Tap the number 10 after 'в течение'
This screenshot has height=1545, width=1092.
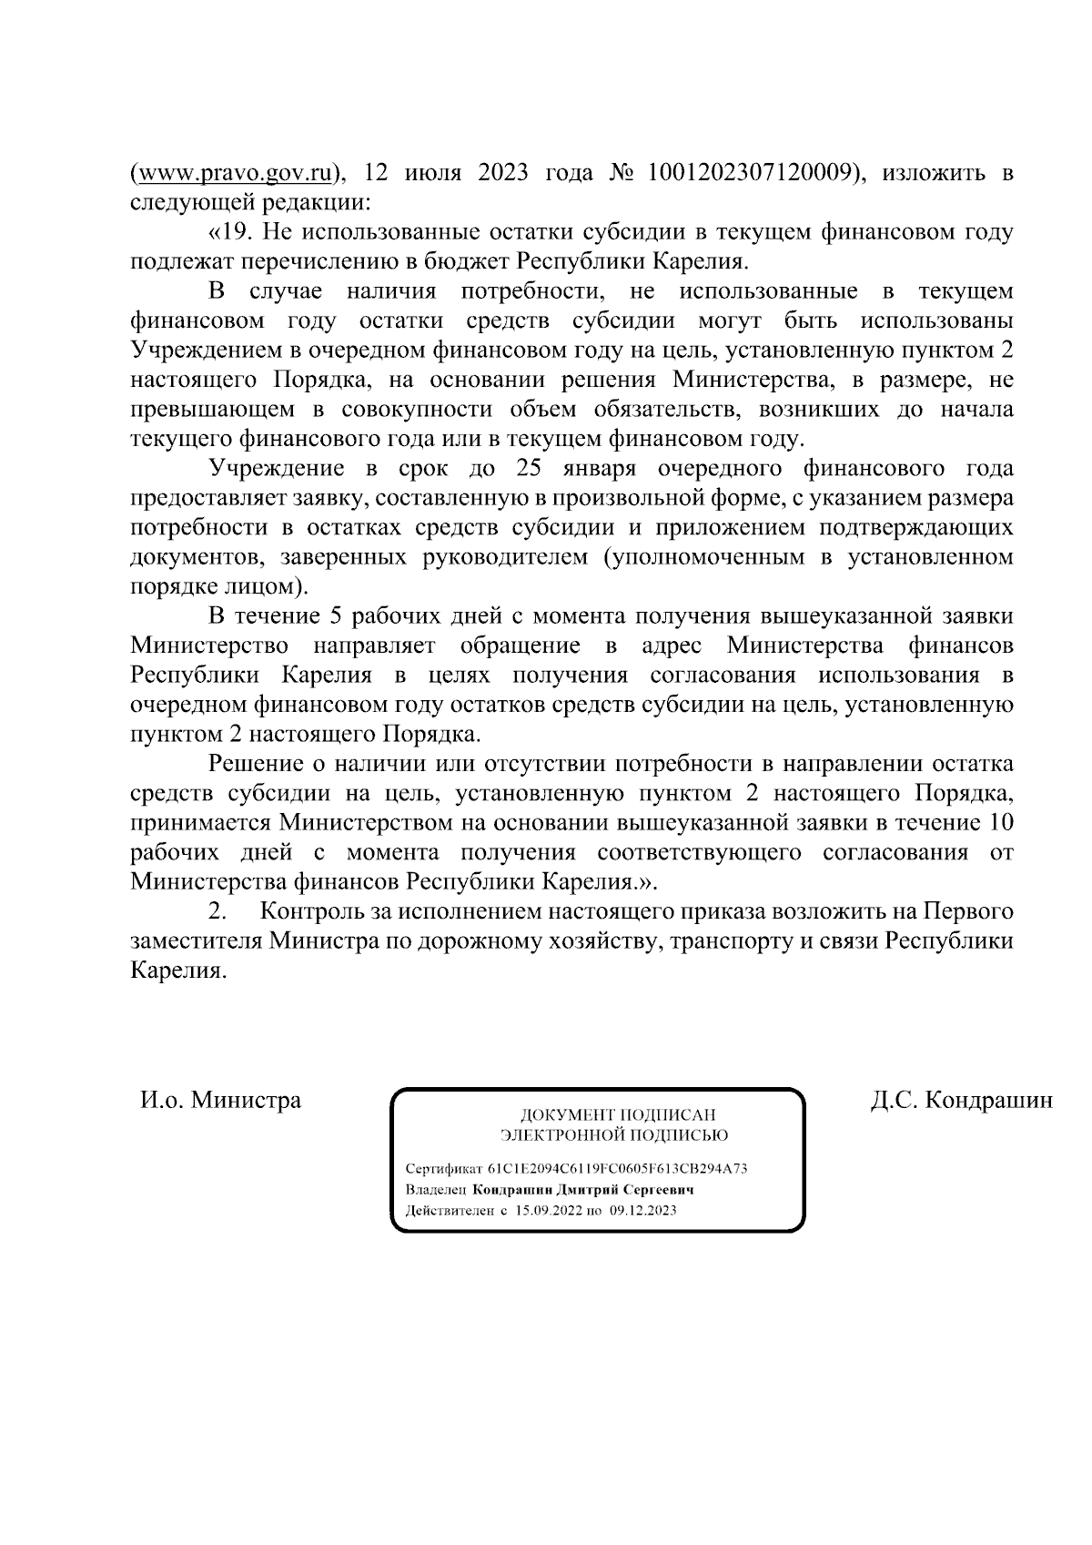(1000, 823)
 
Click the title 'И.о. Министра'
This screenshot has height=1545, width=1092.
(220, 1100)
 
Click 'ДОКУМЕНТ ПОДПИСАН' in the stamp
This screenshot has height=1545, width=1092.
(617, 1115)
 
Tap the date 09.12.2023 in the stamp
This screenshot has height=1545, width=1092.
(642, 1211)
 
